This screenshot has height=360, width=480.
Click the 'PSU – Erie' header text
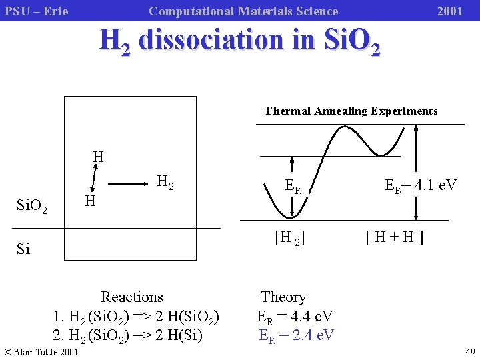[x=37, y=11]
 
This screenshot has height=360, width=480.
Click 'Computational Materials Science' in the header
[x=243, y=11]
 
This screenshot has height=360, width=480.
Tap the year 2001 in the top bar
[x=450, y=11]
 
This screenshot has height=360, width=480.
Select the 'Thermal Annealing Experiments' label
[x=351, y=111]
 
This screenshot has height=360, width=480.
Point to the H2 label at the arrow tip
[x=165, y=182]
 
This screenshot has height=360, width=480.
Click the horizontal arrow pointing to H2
[x=128, y=182]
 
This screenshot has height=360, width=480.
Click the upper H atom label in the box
[x=98, y=157]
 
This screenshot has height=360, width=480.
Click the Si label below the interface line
[x=23, y=249]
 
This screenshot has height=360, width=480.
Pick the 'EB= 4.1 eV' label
[x=421, y=185]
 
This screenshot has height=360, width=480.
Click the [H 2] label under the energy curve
[x=290, y=237]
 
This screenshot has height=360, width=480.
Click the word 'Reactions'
[x=132, y=297]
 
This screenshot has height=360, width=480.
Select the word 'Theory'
[x=283, y=297]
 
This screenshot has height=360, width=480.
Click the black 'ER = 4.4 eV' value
[x=295, y=316]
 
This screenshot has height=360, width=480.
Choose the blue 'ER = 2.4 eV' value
[x=296, y=335]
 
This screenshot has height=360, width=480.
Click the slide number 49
[x=470, y=352]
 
